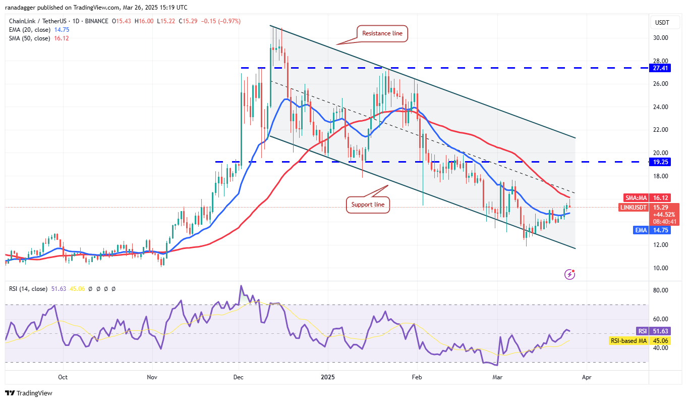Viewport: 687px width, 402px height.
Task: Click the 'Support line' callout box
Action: tap(368, 205)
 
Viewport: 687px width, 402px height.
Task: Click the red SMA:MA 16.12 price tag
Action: tap(649, 197)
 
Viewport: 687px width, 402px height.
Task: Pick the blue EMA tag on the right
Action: tap(641, 230)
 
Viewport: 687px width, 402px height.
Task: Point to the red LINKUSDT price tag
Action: tap(649, 214)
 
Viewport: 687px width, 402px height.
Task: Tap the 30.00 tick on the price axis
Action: tap(661, 38)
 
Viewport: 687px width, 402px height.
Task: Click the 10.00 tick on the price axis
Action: tap(661, 268)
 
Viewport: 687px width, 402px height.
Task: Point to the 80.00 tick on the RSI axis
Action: tap(661, 290)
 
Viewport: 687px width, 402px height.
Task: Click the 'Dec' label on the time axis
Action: tap(238, 377)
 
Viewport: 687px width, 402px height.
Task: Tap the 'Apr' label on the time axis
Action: tap(586, 377)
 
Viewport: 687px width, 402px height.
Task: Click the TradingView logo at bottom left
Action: tap(29, 393)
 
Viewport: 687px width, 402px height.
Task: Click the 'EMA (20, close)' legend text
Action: tap(29, 30)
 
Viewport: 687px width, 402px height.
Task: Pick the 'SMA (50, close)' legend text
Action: tap(29, 38)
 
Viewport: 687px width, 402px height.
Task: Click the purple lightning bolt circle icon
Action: tap(570, 274)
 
